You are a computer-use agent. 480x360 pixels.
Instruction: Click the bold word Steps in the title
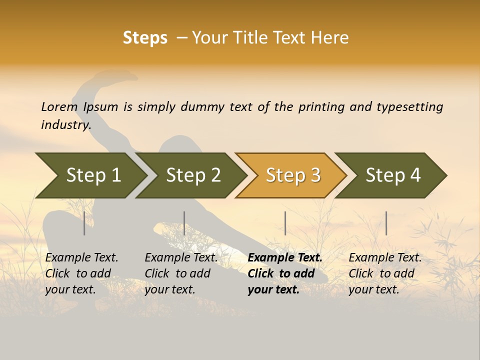145,38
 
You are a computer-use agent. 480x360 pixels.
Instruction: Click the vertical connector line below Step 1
84,223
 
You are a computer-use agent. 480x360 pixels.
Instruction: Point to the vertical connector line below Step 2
184,223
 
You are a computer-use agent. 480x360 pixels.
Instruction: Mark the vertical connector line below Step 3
285,223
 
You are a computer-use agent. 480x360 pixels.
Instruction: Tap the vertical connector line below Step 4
386,223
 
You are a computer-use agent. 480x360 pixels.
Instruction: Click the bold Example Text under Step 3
285,257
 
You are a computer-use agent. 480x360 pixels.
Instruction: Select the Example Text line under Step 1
81,257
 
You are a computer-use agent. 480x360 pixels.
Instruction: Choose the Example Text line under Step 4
385,257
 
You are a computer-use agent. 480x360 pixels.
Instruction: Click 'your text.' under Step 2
169,289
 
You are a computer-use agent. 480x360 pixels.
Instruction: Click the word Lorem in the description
59,106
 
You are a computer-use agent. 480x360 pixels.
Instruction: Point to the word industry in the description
66,124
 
